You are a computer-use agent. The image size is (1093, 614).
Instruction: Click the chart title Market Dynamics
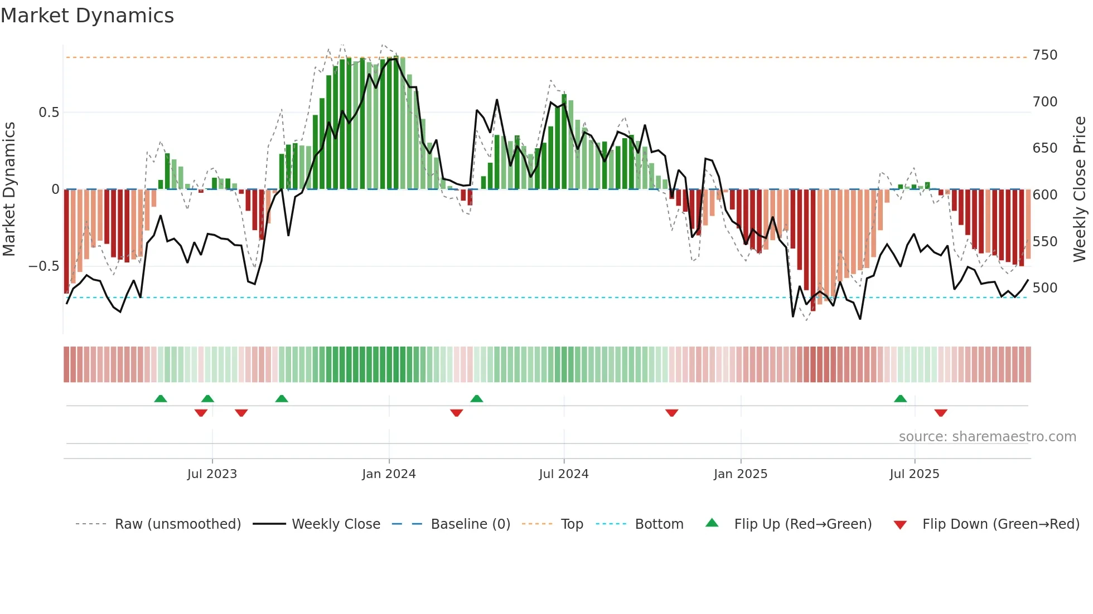[x=87, y=16]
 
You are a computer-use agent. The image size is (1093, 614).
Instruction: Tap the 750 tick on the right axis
[x=1044, y=55]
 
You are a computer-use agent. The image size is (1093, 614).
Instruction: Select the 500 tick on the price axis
[x=1044, y=288]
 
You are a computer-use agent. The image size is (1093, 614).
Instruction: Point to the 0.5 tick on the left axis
[x=49, y=113]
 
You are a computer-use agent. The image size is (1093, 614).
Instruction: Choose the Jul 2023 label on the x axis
[x=212, y=474]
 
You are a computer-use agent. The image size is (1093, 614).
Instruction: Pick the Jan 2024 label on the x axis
[x=389, y=474]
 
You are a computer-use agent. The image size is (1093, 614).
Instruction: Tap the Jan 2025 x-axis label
[x=741, y=474]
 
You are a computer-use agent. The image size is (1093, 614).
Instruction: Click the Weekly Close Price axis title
[x=1080, y=189]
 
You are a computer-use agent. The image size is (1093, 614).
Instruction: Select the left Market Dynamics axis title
[x=9, y=189]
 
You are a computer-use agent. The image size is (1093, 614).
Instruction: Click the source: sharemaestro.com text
[x=987, y=437]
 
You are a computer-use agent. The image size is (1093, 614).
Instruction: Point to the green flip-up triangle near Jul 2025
[x=900, y=399]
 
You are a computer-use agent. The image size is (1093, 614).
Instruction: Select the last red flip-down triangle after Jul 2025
[x=941, y=413]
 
